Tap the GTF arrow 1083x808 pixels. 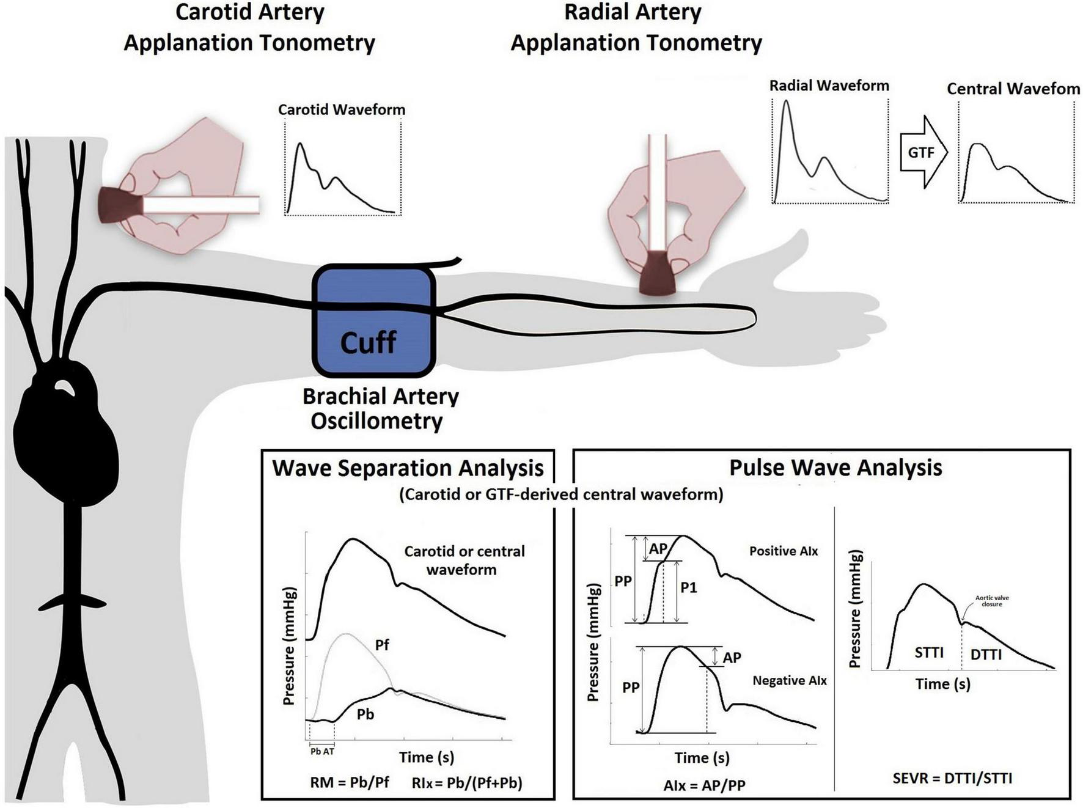[923, 152]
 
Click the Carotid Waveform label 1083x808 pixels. [341, 109]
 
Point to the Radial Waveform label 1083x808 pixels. [829, 86]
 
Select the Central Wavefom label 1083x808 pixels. [1013, 89]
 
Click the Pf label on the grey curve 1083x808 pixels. [382, 645]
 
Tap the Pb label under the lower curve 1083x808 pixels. [365, 714]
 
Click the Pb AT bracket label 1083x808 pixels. [322, 751]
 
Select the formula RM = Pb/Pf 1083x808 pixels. [350, 782]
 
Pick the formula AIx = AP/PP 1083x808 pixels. [704, 785]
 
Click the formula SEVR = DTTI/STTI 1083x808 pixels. [952, 778]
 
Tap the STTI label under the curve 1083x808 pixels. [929, 653]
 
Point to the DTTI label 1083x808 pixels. [986, 655]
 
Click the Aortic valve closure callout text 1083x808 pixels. [992, 601]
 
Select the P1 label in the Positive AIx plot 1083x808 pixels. [689, 588]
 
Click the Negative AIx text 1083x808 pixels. [790, 680]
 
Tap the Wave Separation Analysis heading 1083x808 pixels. [408, 468]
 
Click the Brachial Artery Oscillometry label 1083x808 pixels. [380, 408]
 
